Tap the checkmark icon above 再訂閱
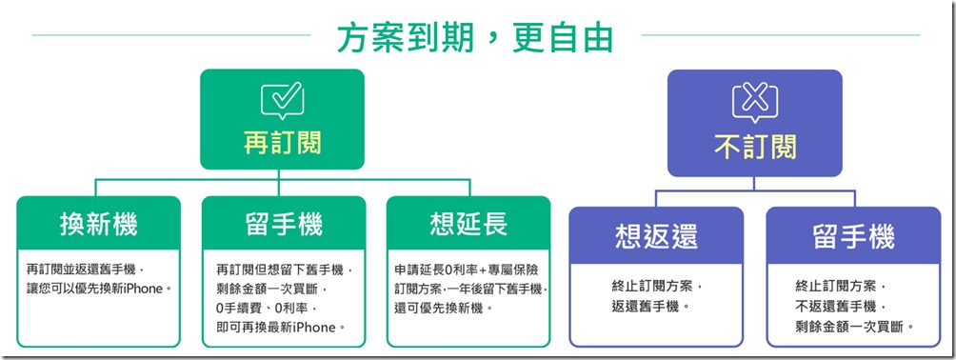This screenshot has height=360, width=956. [282, 99]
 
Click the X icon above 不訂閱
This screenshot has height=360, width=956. [754, 100]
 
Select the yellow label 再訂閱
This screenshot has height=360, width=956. [282, 144]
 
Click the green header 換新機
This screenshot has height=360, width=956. [98, 225]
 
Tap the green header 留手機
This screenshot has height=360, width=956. [284, 225]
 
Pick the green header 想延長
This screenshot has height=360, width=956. [468, 225]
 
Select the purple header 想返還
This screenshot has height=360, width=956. [655, 236]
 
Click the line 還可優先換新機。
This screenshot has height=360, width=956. [444, 309]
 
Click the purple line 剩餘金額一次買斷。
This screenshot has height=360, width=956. [855, 326]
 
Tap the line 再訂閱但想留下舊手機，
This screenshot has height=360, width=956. [285, 270]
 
